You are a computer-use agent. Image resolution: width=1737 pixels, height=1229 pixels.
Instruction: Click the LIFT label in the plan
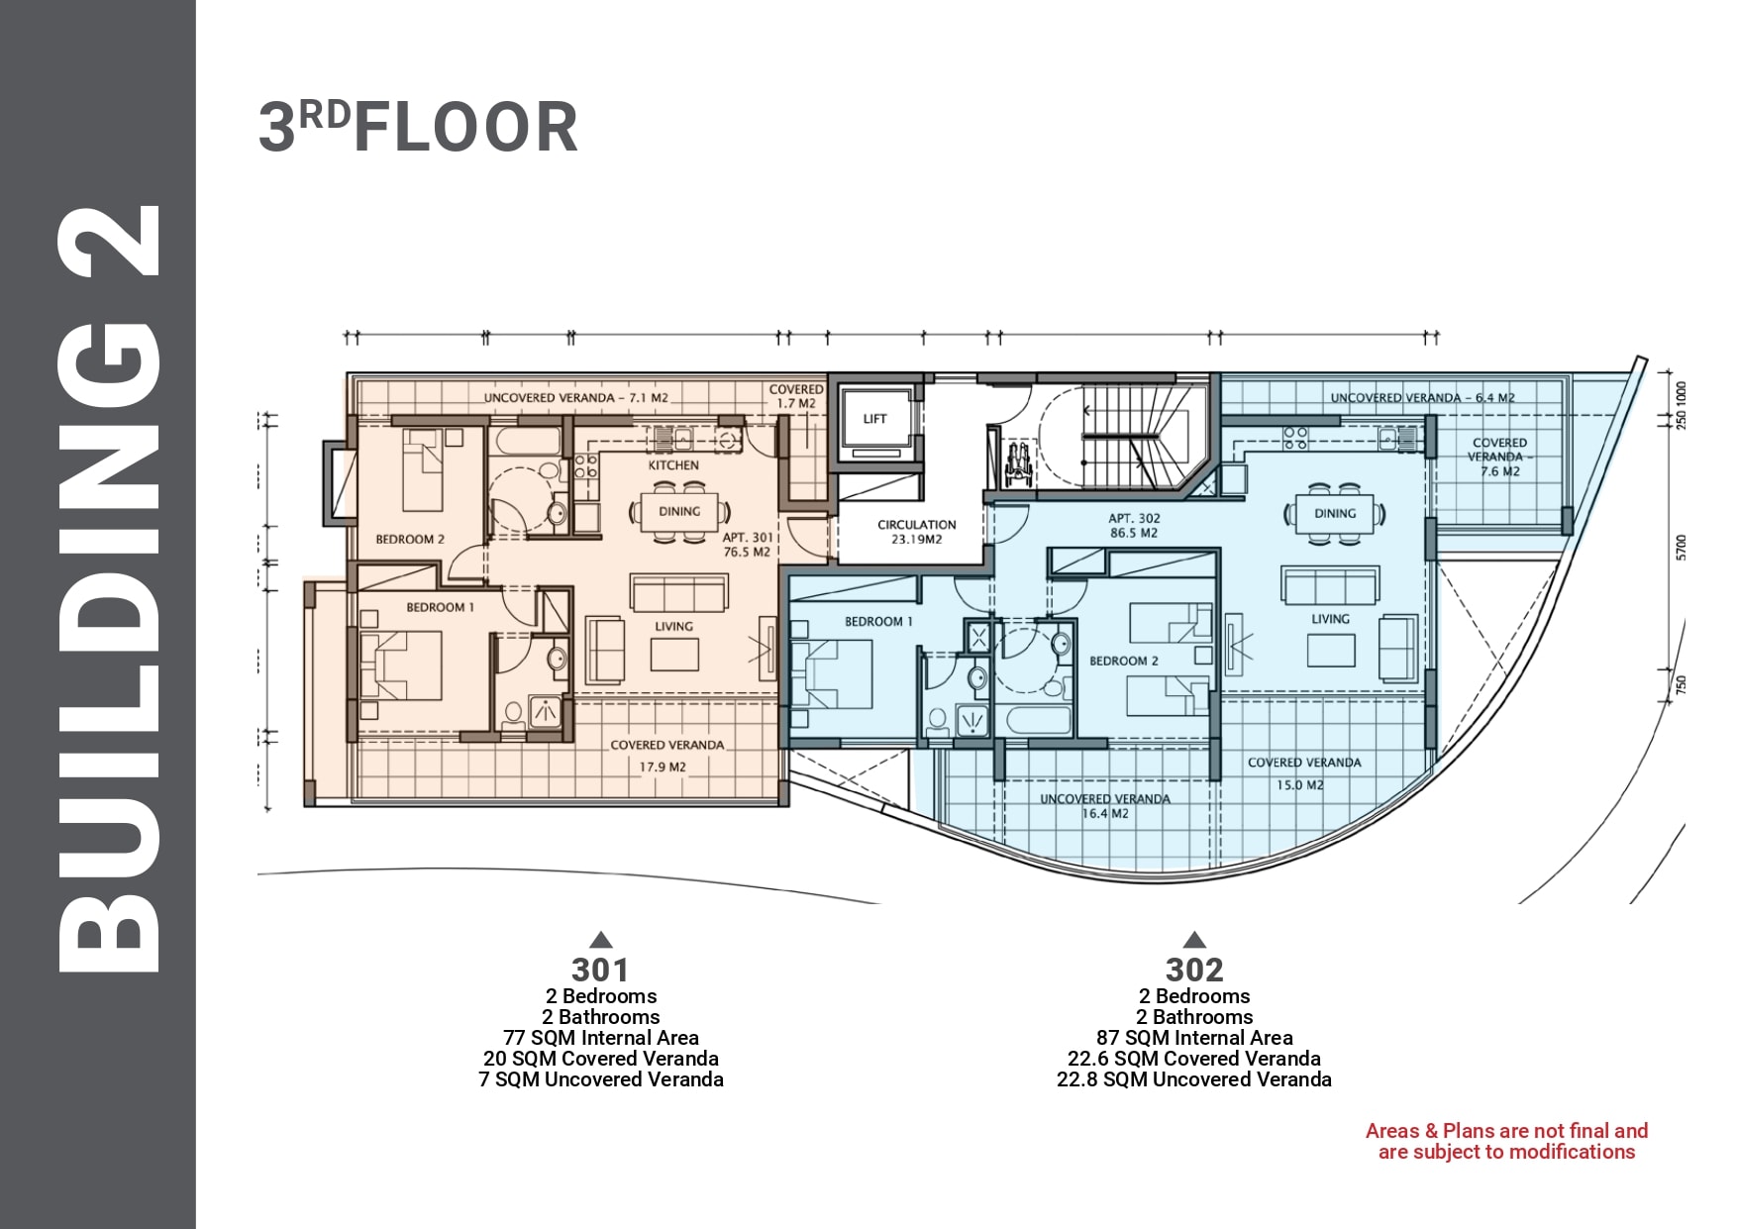coord(874,419)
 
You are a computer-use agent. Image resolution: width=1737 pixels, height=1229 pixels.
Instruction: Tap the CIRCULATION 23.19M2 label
coord(917,532)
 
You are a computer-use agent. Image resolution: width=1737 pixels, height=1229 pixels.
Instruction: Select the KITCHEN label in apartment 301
coord(673,465)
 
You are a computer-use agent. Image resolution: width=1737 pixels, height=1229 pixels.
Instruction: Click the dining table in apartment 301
coord(679,511)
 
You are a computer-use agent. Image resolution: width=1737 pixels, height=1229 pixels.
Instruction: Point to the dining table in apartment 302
coord(1335,513)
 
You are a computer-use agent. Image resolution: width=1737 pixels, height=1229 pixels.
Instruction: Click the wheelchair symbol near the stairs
coord(1017,463)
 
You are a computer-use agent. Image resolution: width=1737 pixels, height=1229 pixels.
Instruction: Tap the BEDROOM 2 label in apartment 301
coord(410,540)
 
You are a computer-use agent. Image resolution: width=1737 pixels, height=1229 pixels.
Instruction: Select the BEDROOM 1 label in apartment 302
coord(878,622)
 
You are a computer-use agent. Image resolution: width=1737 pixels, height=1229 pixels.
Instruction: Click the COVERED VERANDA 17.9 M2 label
coord(666,756)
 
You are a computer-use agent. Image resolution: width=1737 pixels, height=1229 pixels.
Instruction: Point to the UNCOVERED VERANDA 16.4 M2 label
coord(1105,806)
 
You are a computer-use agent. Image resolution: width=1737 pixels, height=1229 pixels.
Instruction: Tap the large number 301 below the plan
coord(600,970)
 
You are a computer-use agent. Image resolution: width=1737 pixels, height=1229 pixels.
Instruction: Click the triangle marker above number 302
coord(1194,940)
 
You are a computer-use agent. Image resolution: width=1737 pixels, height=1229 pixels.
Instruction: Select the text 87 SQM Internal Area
coord(1194,1038)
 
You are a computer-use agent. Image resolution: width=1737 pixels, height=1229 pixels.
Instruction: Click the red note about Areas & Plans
coord(1506,1141)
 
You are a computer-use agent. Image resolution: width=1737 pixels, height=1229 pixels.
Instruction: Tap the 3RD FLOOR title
coord(418,128)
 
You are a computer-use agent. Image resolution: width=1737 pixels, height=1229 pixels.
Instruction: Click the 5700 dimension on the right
coord(1681,548)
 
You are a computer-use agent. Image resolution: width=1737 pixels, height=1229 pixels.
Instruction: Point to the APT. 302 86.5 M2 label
coord(1134,526)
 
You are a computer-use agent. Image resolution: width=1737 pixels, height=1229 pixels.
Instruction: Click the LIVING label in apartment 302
coord(1330,619)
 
